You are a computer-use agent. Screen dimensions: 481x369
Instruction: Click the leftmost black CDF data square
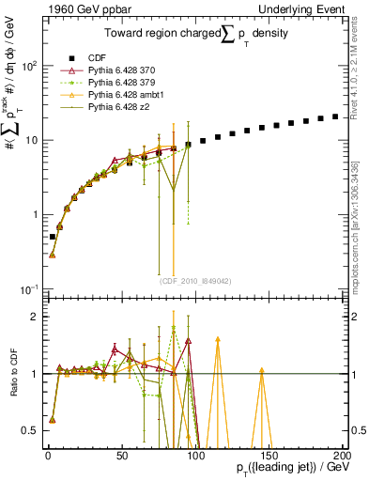point(53,237)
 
